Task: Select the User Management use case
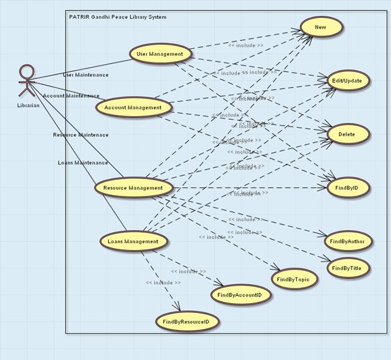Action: point(159,54)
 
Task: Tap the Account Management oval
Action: point(133,107)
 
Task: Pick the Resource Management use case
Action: point(133,188)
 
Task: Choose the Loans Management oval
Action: point(133,241)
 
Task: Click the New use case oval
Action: point(320,28)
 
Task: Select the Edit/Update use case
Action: point(346,81)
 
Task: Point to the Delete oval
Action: point(346,134)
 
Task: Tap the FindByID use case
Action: point(347,188)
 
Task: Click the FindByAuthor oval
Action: point(347,241)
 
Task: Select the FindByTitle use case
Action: point(347,268)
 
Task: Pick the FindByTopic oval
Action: point(294,279)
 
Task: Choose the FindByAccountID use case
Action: point(240,295)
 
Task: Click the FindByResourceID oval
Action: point(187,321)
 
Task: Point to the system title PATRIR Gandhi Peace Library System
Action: point(117,17)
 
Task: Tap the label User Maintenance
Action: point(86,75)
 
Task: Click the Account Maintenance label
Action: point(71,96)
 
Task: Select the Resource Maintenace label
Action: point(81,135)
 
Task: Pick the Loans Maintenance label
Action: point(83,163)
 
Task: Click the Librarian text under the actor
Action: point(28,105)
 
